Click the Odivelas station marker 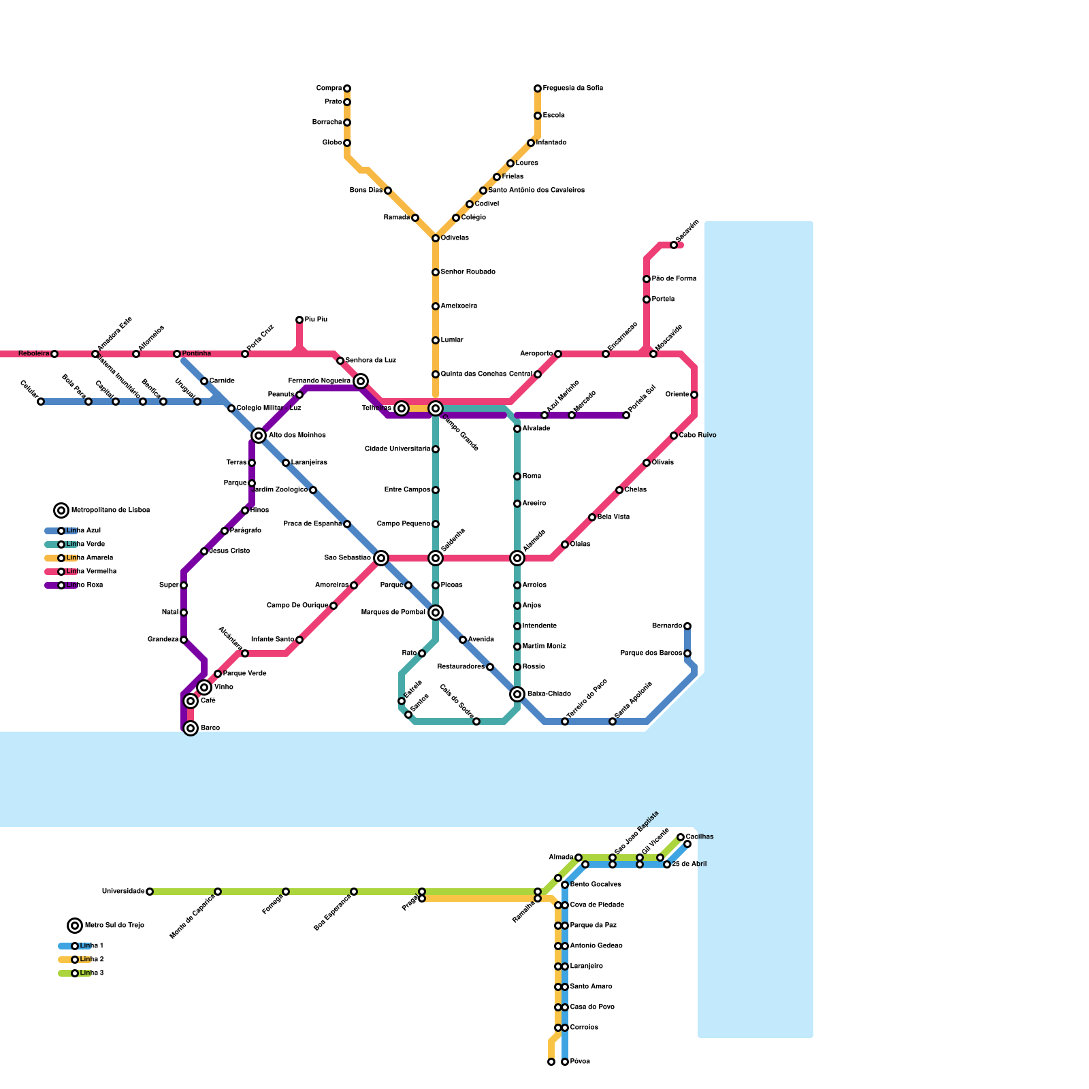(436, 238)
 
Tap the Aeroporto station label (536, 354)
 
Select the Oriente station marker (694, 395)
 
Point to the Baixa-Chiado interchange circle (517, 694)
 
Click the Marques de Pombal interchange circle (436, 613)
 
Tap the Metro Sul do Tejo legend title (114, 926)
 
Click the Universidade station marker (150, 892)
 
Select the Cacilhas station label (700, 836)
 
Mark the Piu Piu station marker (299, 320)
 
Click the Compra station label (329, 88)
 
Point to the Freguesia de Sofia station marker (538, 88)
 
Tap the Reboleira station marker (54, 354)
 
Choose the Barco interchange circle (191, 728)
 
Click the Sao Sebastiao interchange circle (381, 558)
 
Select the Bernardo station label (667, 626)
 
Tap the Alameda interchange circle (517, 558)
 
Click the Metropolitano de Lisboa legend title (110, 510)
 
